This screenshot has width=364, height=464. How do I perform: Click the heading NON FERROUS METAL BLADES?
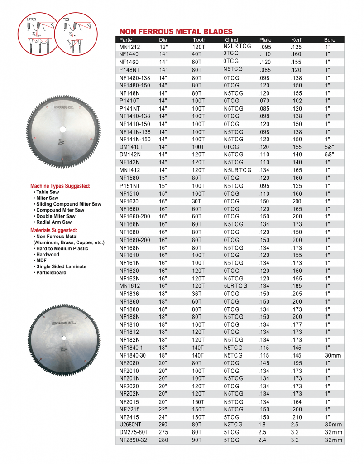176,31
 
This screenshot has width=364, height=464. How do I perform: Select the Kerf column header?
297,39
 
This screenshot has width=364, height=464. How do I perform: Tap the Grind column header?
231,39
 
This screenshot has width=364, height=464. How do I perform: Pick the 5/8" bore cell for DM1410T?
330,147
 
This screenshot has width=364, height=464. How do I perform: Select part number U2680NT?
130,425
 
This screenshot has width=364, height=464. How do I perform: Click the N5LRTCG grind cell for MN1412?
237,170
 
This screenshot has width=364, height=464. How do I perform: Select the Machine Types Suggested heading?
67,186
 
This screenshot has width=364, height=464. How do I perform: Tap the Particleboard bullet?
51,272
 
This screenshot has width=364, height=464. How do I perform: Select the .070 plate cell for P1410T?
265,101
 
